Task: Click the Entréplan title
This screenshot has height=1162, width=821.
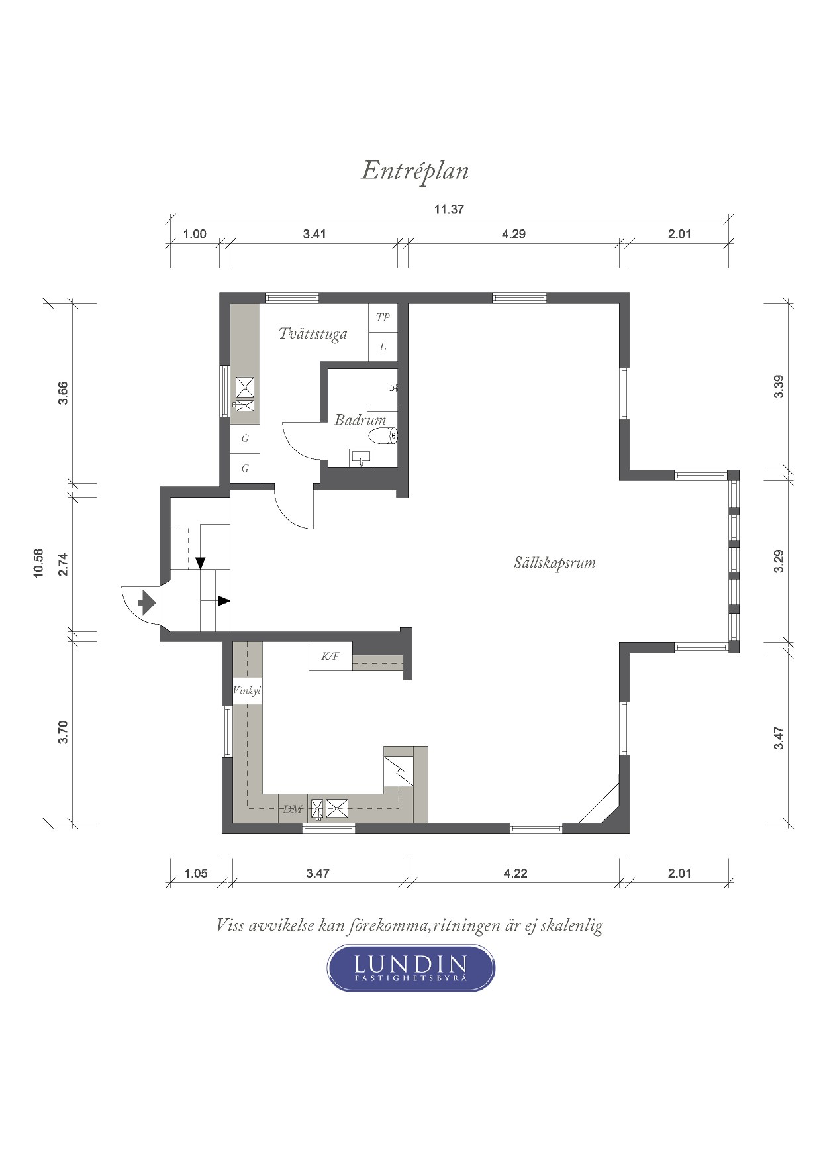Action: (x=415, y=171)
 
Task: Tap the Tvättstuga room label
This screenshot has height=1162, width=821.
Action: (x=313, y=333)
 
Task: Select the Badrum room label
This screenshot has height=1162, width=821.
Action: (x=360, y=419)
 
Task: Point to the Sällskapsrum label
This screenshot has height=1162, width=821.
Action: (x=555, y=563)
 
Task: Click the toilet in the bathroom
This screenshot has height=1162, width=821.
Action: (x=383, y=436)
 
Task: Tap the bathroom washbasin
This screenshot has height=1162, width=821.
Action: (x=361, y=458)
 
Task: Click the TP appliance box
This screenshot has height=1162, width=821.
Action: (x=383, y=317)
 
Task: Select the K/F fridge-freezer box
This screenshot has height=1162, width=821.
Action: (x=330, y=656)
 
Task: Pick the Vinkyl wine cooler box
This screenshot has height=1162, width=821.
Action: (x=247, y=691)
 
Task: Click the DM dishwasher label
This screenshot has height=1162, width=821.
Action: (x=293, y=809)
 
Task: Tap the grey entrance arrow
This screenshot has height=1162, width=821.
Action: (x=146, y=604)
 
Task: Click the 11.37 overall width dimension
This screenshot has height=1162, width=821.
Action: (x=449, y=209)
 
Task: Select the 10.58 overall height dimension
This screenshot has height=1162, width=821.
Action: (x=38, y=563)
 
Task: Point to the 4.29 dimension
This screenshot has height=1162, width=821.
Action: (x=514, y=234)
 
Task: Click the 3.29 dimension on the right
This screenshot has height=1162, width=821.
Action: (x=779, y=562)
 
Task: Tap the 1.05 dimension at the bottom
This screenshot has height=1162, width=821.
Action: (x=196, y=873)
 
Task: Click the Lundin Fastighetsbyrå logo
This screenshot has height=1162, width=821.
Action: (x=411, y=968)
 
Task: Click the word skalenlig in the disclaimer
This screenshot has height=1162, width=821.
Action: (x=572, y=925)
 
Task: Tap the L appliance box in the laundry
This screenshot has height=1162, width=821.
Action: (x=383, y=346)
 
